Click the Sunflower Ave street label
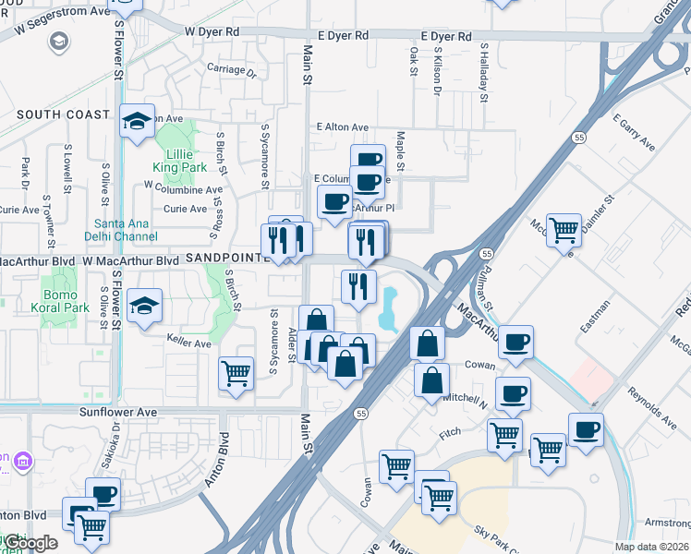118,412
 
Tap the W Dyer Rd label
212,31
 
